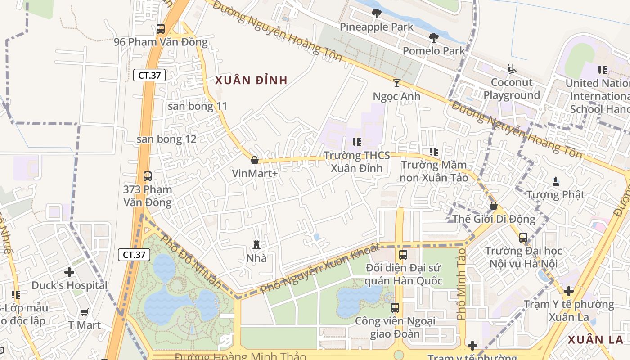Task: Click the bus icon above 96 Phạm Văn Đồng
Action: coord(161,29)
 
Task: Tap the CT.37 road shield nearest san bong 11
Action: coord(149,75)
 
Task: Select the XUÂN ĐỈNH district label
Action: coord(251,81)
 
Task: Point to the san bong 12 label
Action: coord(166,139)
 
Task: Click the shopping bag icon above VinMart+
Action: coord(255,160)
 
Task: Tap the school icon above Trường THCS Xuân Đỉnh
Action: coord(357,142)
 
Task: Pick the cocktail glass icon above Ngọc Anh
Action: coord(396,83)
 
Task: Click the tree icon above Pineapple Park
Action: coord(377,13)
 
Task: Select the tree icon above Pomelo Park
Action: coord(434,38)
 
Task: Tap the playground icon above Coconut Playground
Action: coord(511,69)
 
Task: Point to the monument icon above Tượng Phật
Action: coord(556,181)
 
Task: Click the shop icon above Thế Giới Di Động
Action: coord(494,206)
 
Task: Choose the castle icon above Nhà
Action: coord(256,245)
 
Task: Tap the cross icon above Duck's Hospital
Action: coord(69,272)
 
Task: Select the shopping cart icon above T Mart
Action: coord(84,311)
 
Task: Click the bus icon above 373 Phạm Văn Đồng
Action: coord(148,176)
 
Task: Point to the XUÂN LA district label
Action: coord(595,340)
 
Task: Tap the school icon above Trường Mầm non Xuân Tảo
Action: coord(434,152)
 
